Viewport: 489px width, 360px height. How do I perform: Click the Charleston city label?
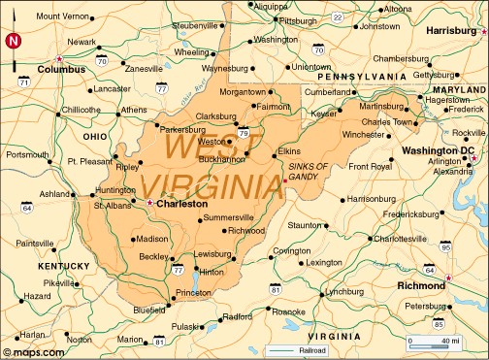(x=182, y=205)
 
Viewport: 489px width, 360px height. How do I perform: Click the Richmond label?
(x=421, y=286)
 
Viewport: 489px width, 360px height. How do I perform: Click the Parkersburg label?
(x=183, y=128)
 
